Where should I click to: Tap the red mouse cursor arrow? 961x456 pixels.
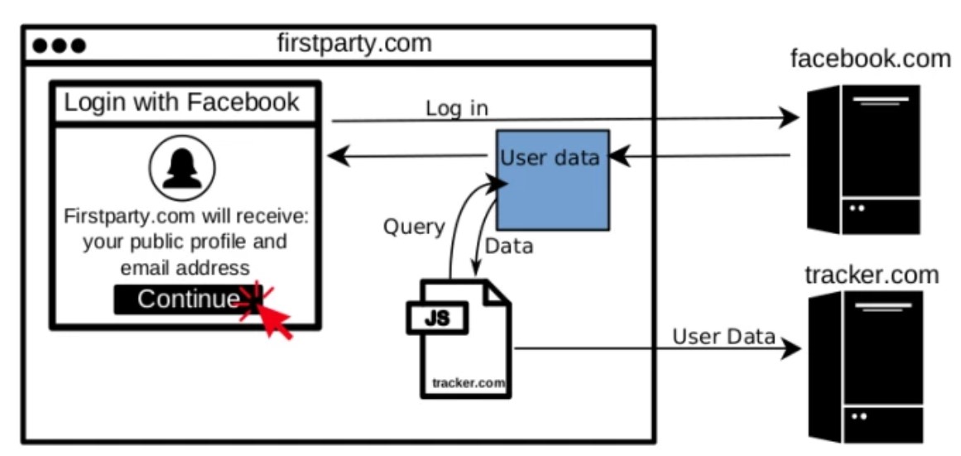coord(273,319)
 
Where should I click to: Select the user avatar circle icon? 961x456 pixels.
coord(182,170)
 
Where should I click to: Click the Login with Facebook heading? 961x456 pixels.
coord(182,103)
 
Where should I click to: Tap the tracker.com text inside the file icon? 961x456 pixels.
coord(468,382)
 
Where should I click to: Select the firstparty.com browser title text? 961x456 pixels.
coord(354,43)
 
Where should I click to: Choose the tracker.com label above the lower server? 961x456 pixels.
coord(872,274)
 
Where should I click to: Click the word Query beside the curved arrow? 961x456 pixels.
coord(414,227)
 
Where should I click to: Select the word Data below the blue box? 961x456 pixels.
coord(508,246)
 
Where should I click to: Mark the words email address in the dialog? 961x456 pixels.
coord(185,267)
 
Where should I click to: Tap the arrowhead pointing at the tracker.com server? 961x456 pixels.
coord(792,348)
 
